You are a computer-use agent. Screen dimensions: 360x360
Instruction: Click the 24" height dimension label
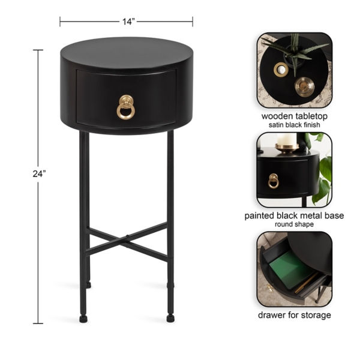pyautogui.click(x=40, y=173)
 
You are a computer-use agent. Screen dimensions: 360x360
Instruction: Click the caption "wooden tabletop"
pyautogui.click(x=295, y=115)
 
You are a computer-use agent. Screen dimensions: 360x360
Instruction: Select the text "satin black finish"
pyautogui.click(x=295, y=125)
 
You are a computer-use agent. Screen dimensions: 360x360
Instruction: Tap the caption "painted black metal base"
pyautogui.click(x=295, y=215)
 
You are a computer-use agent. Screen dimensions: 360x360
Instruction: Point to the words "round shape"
pyautogui.click(x=295, y=224)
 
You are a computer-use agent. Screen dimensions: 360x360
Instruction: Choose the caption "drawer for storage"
pyautogui.click(x=295, y=314)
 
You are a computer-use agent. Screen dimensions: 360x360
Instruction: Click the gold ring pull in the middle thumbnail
pyautogui.click(x=273, y=180)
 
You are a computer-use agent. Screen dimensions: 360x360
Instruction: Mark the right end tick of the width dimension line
pyautogui.click(x=193, y=21)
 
